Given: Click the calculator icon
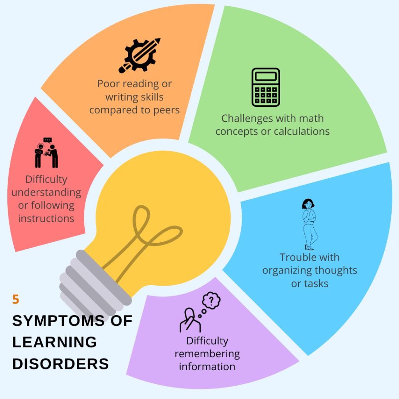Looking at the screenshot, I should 266,87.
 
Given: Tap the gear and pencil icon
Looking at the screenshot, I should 139,55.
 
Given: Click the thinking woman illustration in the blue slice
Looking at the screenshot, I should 309,224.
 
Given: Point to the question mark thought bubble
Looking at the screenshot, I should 211,300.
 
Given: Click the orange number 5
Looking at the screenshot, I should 16,300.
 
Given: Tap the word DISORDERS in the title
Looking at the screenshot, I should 60,364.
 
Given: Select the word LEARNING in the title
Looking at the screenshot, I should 55,342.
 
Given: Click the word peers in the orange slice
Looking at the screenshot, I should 165,110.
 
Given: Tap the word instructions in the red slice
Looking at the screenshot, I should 46,218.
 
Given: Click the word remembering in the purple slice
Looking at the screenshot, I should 207,354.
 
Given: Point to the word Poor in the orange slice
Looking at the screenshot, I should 106,84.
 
